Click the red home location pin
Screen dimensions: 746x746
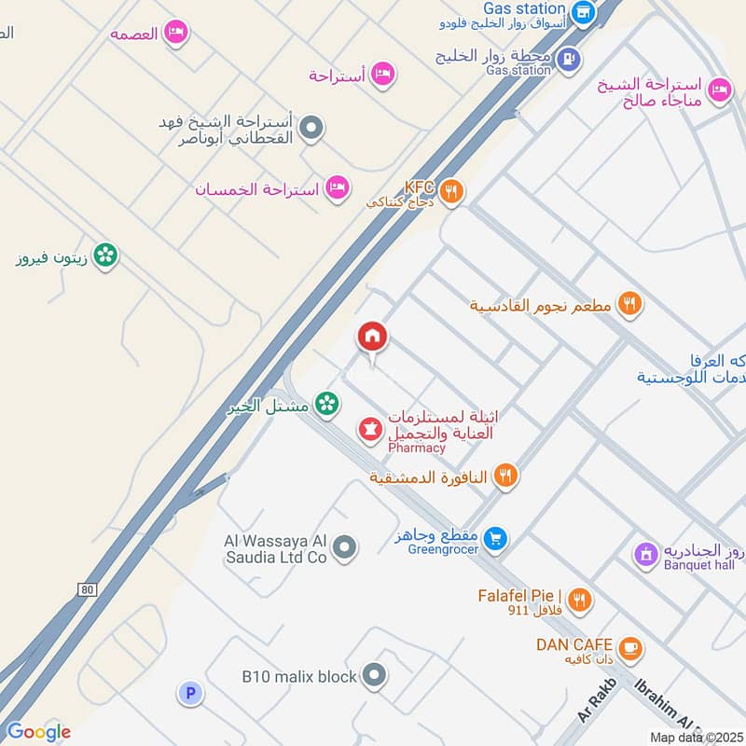(373, 338)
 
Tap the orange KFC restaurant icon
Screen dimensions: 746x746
(451, 191)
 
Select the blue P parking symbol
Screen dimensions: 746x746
(189, 693)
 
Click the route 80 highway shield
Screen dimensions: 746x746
(88, 590)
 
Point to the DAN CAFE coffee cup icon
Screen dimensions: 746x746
(630, 646)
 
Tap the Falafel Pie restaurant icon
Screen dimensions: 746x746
(580, 600)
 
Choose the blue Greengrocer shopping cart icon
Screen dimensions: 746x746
(496, 537)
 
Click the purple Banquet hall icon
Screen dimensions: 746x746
(643, 554)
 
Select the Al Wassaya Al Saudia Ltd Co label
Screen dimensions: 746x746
(276, 548)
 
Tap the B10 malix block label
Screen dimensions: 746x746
(298, 676)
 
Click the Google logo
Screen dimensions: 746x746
(38, 731)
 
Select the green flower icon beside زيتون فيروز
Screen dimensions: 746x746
(106, 255)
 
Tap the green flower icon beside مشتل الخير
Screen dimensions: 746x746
(326, 403)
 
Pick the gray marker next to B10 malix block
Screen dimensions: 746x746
(374, 674)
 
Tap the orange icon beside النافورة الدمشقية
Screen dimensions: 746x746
(505, 476)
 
